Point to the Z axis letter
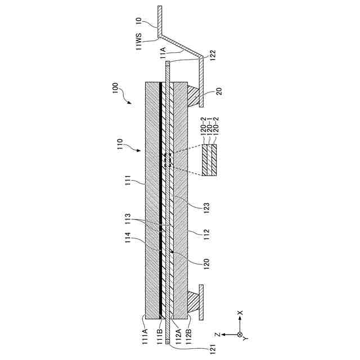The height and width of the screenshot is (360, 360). point(223,335)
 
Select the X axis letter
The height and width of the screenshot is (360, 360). point(241,313)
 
